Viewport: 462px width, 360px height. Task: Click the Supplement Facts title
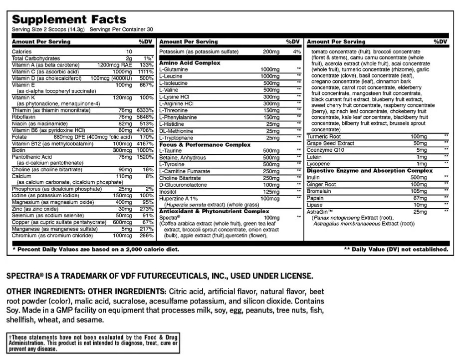(69, 19)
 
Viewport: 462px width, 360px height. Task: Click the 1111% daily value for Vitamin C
(144, 72)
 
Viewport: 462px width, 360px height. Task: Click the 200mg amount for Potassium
(272, 52)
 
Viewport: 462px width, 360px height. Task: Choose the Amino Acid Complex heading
(189, 63)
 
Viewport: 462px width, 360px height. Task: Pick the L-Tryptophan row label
(175, 137)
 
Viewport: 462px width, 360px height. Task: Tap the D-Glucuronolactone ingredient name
(183, 185)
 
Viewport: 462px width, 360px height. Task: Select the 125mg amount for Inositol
(271, 192)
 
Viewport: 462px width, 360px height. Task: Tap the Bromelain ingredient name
(320, 191)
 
